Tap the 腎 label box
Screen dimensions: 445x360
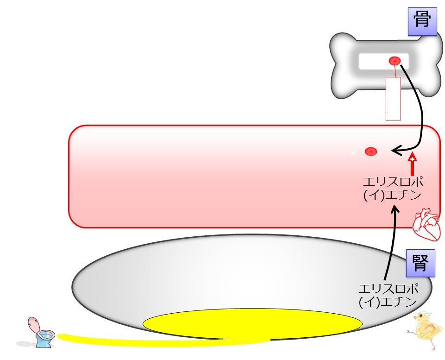pyautogui.click(x=420, y=263)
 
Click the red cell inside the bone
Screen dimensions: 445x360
pyautogui.click(x=395, y=61)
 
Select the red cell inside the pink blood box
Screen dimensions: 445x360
pyautogui.click(x=370, y=152)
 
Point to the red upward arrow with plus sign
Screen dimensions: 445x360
pyautogui.click(x=413, y=164)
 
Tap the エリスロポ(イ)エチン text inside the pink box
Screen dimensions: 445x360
pyautogui.click(x=393, y=189)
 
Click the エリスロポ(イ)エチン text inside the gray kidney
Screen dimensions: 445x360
pyautogui.click(x=388, y=295)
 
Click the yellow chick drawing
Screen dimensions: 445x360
pyautogui.click(x=425, y=330)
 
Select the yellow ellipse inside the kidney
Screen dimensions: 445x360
pyautogui.click(x=252, y=324)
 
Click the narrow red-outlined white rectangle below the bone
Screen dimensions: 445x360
pyautogui.click(x=393, y=99)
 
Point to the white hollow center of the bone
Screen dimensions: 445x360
pyautogui.click(x=383, y=61)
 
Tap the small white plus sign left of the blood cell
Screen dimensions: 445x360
pyautogui.click(x=353, y=153)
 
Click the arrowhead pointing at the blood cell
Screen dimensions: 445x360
pyautogui.click(x=397, y=151)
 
